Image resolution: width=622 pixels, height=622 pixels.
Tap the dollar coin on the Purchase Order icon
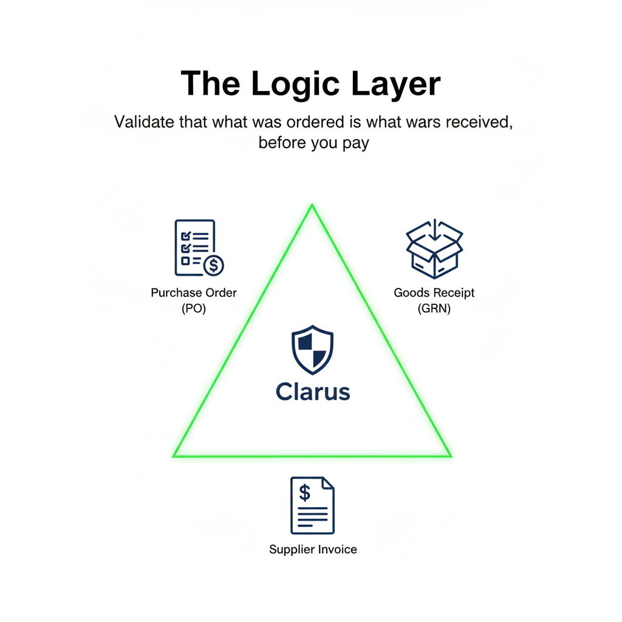point(213,264)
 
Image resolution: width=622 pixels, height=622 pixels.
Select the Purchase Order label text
point(194,292)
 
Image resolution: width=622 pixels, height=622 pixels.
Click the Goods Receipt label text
point(434,292)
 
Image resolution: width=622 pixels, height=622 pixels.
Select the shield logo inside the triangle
point(313,350)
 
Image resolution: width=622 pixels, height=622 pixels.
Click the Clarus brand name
point(313,391)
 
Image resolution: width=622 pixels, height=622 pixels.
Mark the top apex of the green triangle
point(312,206)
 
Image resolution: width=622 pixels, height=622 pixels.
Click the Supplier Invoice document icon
point(312,505)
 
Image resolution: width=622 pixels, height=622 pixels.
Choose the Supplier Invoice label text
point(313,550)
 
